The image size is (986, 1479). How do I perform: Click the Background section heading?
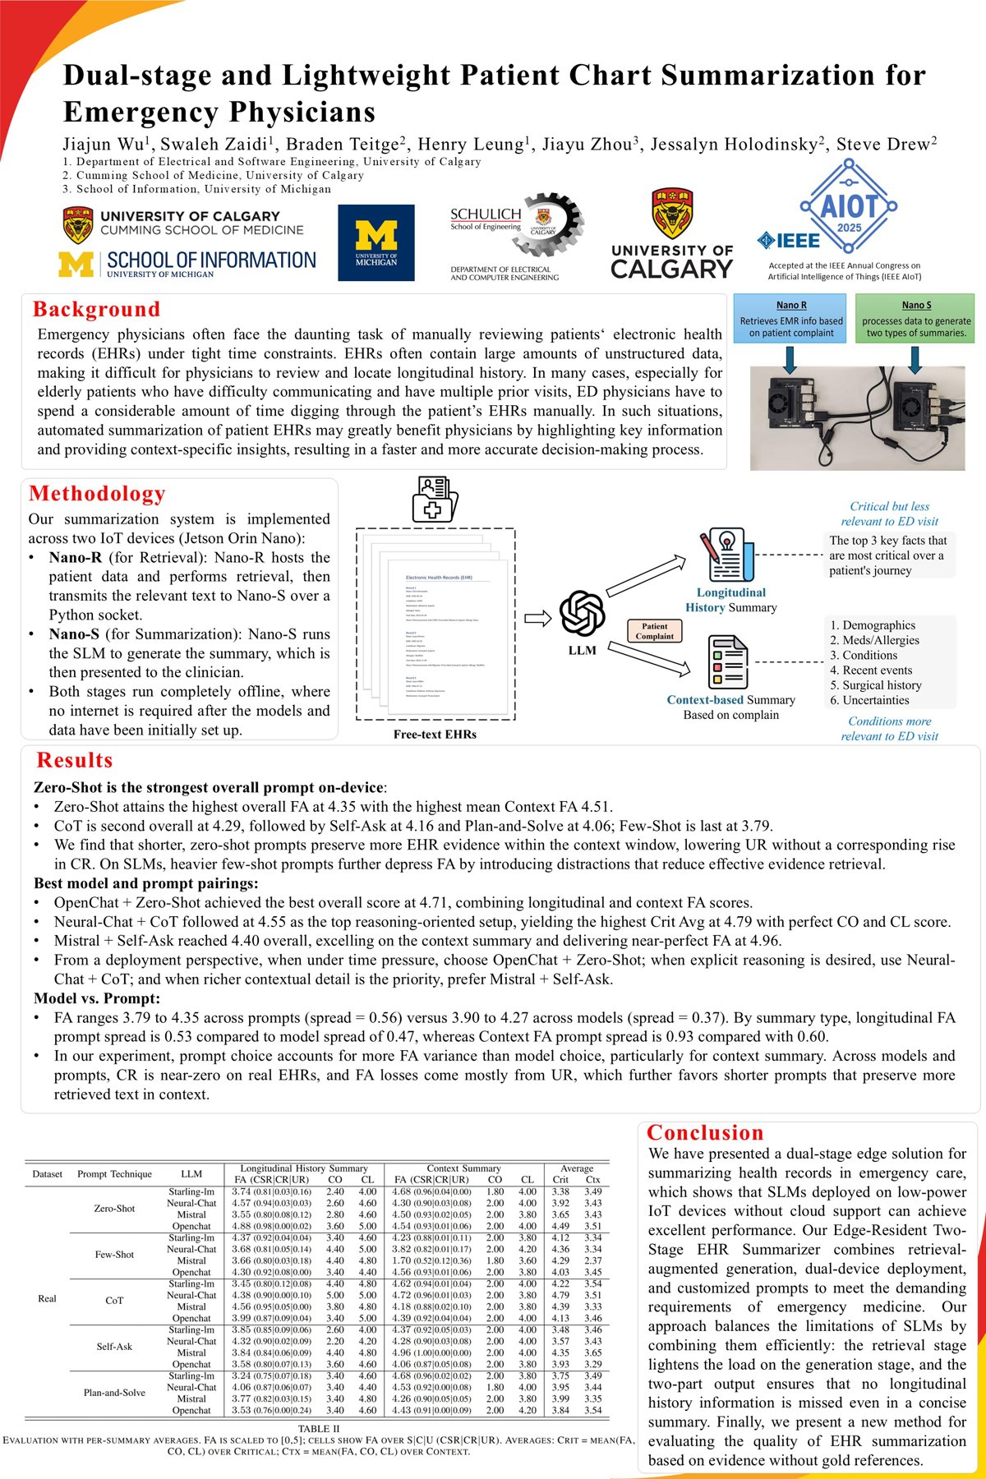pos(96,310)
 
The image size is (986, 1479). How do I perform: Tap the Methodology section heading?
pos(97,494)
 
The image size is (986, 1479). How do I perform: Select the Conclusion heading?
pos(705,1133)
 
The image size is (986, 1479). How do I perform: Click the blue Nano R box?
pos(790,319)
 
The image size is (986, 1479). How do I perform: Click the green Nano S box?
pos(916,319)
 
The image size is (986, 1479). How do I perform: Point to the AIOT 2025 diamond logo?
pos(849,206)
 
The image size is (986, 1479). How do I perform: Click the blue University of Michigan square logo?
pos(376,242)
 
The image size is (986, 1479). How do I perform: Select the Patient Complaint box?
pos(654,631)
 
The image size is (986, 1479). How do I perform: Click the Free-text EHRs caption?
pos(435,735)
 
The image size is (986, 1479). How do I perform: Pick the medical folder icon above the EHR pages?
pos(434,499)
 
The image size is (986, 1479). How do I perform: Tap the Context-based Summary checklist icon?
pos(727,662)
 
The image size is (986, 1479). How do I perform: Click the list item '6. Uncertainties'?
pos(869,700)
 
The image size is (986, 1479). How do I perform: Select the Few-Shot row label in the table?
pos(114,1255)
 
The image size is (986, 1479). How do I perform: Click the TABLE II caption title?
pos(319,1429)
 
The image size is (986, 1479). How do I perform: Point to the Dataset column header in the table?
pos(48,1174)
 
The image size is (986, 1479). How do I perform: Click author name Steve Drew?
pos(886,145)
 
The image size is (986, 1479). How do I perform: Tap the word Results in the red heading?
pos(75,760)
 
